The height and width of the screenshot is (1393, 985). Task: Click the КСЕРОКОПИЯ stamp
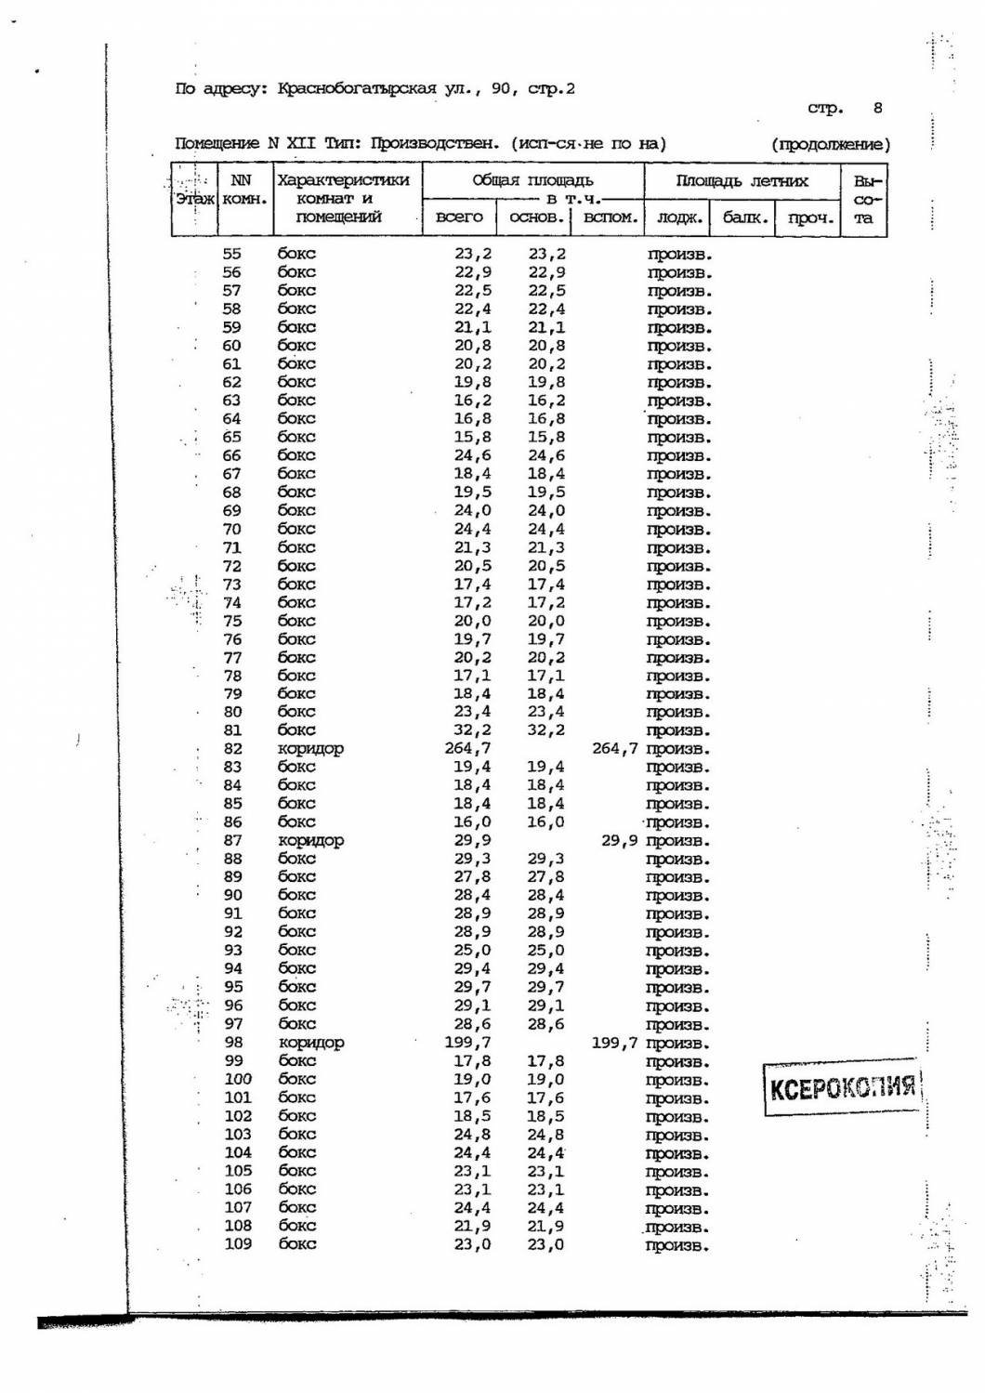point(842,1086)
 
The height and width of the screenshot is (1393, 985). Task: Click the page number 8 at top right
point(878,108)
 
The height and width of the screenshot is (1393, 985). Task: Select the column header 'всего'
point(459,218)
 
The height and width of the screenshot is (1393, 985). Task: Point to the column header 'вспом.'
point(610,218)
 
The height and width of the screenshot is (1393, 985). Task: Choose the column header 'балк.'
point(743,218)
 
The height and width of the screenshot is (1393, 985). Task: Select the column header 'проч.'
point(808,218)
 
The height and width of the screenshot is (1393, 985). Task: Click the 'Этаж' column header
point(194,199)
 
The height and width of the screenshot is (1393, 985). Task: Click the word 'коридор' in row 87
point(311,841)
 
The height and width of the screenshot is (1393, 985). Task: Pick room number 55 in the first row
point(231,254)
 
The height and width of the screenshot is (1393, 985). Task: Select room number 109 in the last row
point(238,1244)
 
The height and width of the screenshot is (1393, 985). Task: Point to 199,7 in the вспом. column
point(615,1043)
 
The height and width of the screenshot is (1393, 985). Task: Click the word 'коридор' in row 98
point(311,1043)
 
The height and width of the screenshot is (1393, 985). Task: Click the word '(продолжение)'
point(830,144)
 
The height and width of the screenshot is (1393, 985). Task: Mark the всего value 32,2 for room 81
point(473,730)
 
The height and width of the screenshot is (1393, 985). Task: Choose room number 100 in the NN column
point(238,1079)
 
